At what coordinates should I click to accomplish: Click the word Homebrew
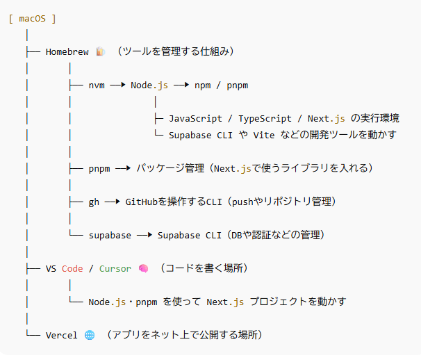(x=67, y=51)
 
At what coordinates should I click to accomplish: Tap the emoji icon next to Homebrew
(x=101, y=51)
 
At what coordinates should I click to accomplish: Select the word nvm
(x=97, y=85)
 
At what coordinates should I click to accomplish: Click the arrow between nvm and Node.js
(x=117, y=85)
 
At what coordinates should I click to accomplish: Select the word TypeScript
(x=265, y=119)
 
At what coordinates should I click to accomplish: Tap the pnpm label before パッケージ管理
(x=99, y=168)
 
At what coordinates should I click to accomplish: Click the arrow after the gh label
(x=112, y=202)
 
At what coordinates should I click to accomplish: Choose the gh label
(x=94, y=202)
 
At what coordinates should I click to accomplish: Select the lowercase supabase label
(x=110, y=235)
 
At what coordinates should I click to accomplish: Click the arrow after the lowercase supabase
(x=145, y=235)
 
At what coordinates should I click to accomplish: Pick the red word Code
(x=72, y=268)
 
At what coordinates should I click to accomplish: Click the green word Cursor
(x=115, y=268)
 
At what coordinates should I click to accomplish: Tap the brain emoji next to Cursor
(x=143, y=268)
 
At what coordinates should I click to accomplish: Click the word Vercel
(x=62, y=335)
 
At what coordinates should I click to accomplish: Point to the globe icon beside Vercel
(x=90, y=335)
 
